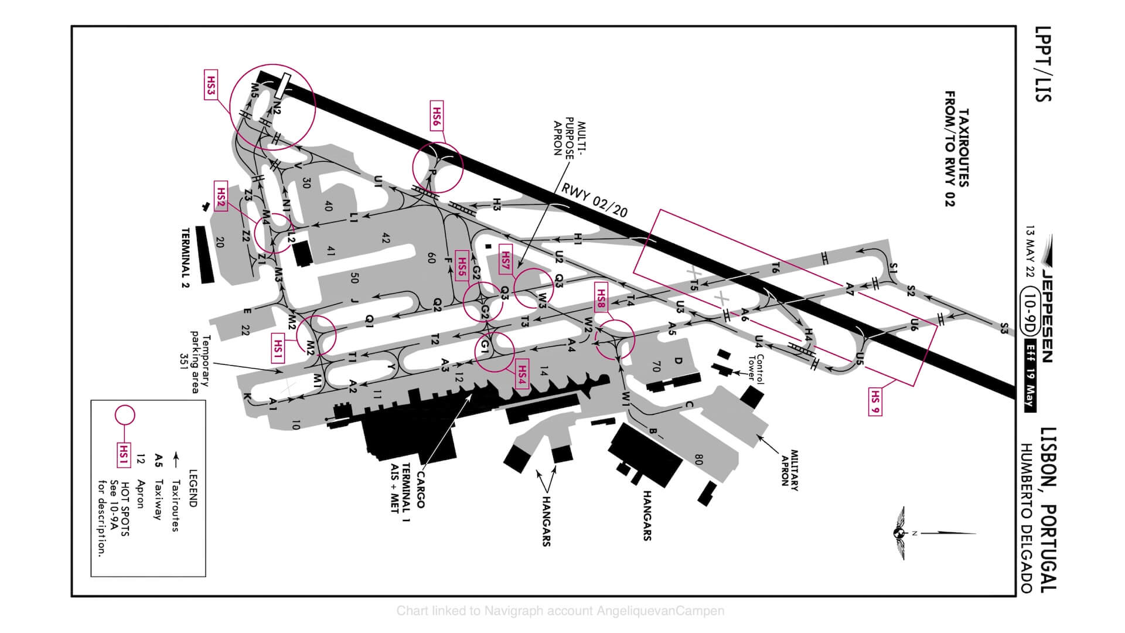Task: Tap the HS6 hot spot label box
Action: pyautogui.click(x=437, y=117)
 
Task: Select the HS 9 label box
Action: pyautogui.click(x=875, y=401)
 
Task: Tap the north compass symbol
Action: pyautogui.click(x=898, y=533)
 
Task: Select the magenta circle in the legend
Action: pyautogui.click(x=124, y=415)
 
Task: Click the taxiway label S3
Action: pyautogui.click(x=1004, y=329)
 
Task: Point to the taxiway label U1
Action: pyautogui.click(x=378, y=182)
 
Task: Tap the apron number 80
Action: pyautogui.click(x=698, y=458)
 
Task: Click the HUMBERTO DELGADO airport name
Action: pyautogui.click(x=1026, y=518)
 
